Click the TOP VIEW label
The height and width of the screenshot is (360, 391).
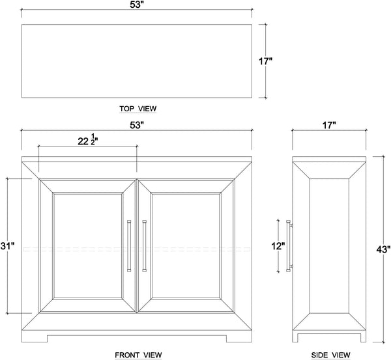tap(138, 108)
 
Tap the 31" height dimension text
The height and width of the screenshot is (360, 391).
tap(7, 246)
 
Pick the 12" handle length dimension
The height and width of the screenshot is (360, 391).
tap(278, 246)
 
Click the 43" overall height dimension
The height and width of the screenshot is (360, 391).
tap(383, 248)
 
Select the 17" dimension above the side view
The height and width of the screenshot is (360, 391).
tap(328, 124)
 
